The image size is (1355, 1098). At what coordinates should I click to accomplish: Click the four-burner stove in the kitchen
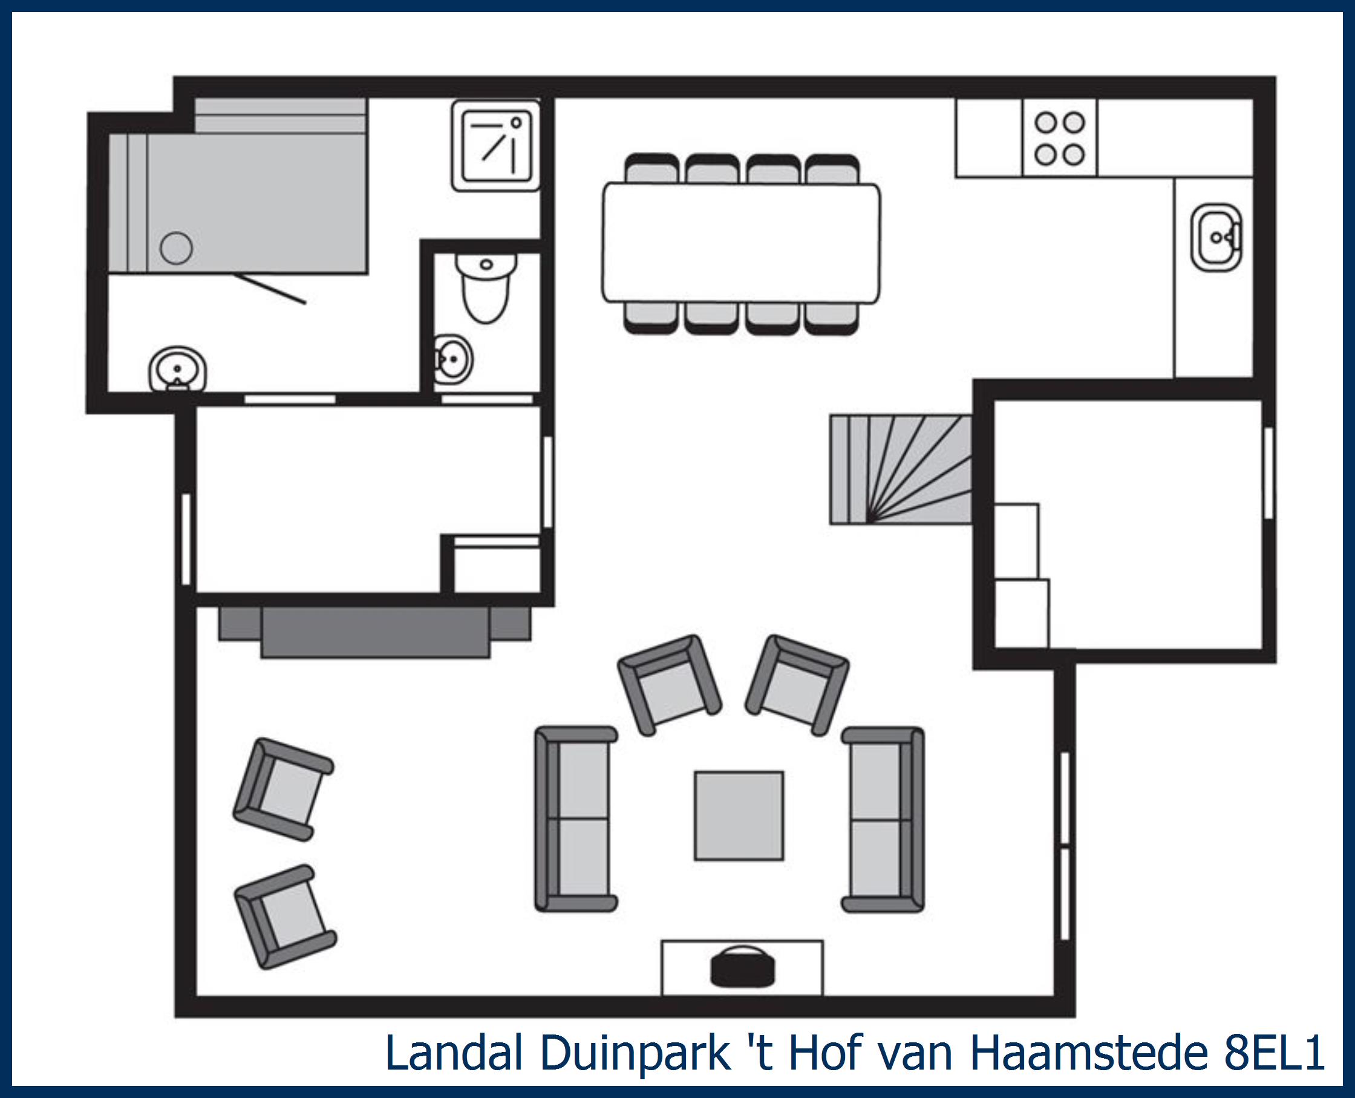pos(1060,138)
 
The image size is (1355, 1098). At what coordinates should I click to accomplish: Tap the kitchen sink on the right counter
pos(1216,237)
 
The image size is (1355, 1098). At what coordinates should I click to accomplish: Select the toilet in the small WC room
pos(486,289)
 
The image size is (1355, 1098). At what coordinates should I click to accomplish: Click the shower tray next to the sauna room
pos(495,145)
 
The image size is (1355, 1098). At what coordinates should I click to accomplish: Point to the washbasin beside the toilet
pos(454,359)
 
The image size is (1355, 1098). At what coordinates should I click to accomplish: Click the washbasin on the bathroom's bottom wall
pos(178,369)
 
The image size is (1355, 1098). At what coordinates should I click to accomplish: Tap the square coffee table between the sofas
pos(739,815)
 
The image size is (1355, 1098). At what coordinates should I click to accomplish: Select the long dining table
pos(740,243)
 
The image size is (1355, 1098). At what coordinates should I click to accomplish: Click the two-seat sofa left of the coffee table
pos(575,819)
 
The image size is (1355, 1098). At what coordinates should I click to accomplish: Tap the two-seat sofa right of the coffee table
pos(883,819)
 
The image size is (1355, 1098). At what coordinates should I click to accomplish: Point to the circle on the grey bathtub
pos(176,248)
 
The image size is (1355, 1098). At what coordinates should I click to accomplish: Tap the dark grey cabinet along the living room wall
pos(375,630)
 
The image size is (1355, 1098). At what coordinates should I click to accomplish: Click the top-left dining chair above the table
pos(651,169)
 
